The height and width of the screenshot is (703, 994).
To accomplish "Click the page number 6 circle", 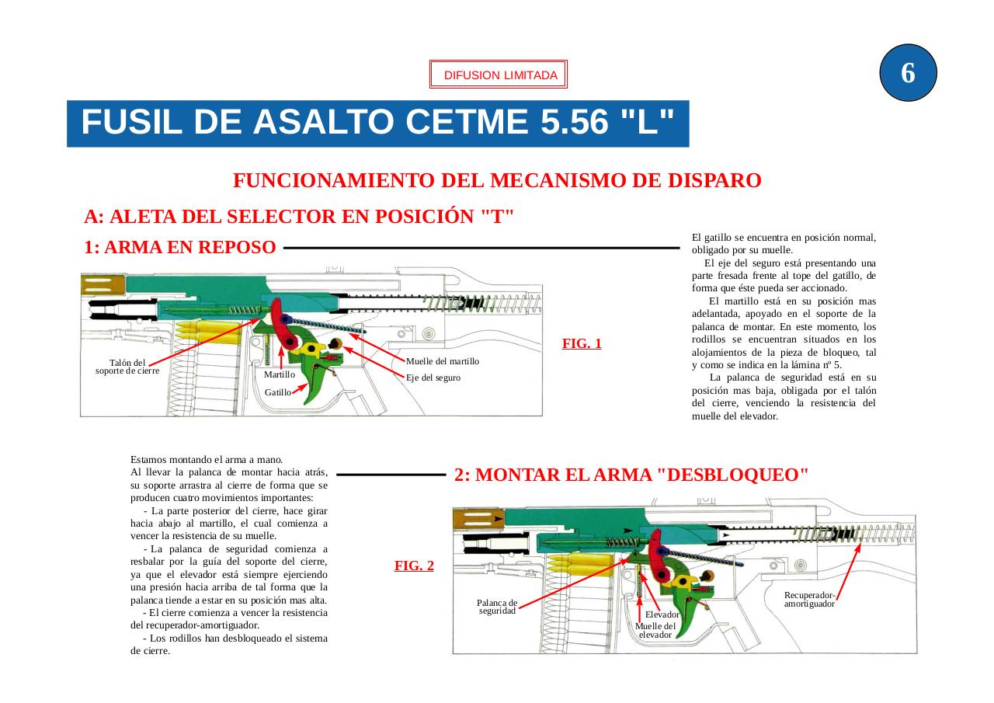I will [x=908, y=73].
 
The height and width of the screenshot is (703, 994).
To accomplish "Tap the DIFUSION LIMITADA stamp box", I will [x=499, y=75].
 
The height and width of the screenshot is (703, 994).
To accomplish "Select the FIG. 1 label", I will [x=582, y=343].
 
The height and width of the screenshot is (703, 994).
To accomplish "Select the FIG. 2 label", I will [x=414, y=566].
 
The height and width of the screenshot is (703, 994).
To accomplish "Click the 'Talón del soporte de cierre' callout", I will [x=127, y=367].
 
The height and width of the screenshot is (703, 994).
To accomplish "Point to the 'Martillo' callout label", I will [x=280, y=374].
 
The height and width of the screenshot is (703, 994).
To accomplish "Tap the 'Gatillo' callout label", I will [x=278, y=392].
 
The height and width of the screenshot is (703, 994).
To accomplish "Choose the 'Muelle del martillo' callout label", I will [x=443, y=361].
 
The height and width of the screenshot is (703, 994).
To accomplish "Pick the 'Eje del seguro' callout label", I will [x=433, y=378].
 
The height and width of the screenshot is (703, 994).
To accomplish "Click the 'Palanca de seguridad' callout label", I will [x=497, y=607].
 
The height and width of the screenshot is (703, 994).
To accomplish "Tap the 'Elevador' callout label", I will [x=662, y=614].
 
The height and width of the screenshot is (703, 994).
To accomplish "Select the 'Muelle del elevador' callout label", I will [x=655, y=630].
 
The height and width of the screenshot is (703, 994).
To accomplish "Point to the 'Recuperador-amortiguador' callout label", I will [x=809, y=599].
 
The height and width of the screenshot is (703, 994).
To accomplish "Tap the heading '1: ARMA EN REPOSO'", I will [x=179, y=248].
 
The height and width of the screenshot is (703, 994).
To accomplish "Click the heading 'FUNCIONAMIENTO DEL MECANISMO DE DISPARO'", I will [x=497, y=181].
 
